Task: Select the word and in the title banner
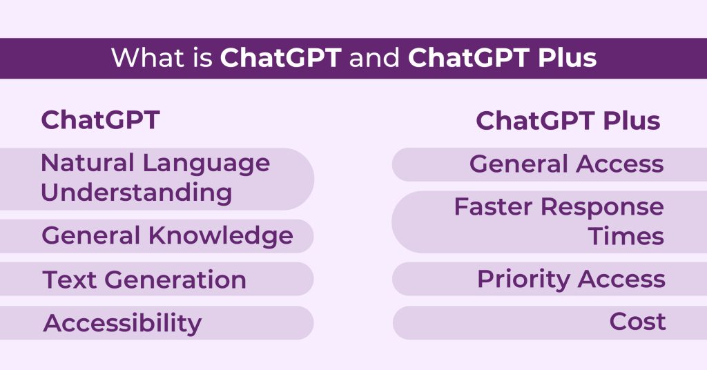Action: (374, 58)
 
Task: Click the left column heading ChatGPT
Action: (101, 120)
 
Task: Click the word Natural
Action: (87, 164)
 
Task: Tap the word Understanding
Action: (137, 193)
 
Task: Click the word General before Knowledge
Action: (93, 236)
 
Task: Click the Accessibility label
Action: (122, 323)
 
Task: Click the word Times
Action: (626, 236)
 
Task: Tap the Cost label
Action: (637, 322)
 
